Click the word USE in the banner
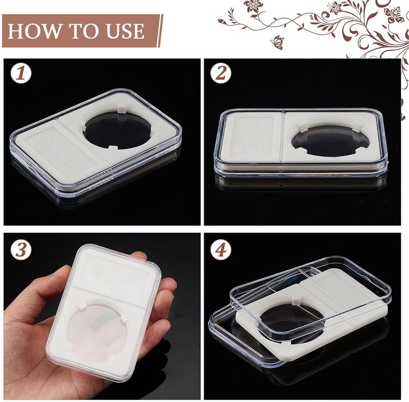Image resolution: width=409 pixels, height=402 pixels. [125, 31]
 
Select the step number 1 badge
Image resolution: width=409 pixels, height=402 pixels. [21, 73]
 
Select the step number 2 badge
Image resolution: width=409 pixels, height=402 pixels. [221, 73]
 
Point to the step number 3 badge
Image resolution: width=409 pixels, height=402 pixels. [21, 249]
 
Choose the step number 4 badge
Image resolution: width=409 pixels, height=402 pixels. [221, 249]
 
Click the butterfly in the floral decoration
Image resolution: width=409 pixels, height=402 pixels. [277, 42]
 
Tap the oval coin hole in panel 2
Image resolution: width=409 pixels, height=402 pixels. [331, 140]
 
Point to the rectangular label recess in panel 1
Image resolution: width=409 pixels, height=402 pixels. [61, 148]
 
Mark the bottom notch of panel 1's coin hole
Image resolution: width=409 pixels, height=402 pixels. [112, 148]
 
